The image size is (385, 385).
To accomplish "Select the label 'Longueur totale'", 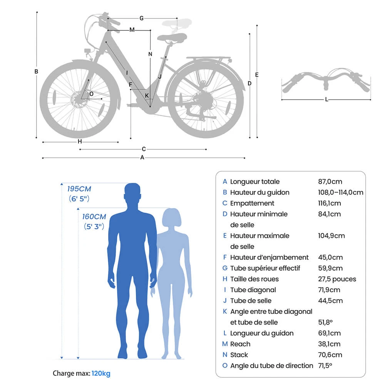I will click(x=255, y=182).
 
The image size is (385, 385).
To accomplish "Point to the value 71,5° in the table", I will click(x=324, y=366).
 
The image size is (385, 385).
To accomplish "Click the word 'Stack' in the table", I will click(x=239, y=355).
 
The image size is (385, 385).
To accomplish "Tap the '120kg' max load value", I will click(x=101, y=373).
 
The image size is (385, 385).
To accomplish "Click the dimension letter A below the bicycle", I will click(x=142, y=157).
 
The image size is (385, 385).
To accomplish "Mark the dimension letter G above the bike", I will click(x=141, y=18).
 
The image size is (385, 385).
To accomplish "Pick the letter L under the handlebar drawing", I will click(x=326, y=100).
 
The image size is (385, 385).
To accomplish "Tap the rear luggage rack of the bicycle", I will click(x=208, y=59).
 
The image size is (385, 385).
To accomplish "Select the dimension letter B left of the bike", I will click(x=37, y=72).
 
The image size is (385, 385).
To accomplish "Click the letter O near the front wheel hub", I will click(x=91, y=94).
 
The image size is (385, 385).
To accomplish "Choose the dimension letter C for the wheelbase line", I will click(x=144, y=149).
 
